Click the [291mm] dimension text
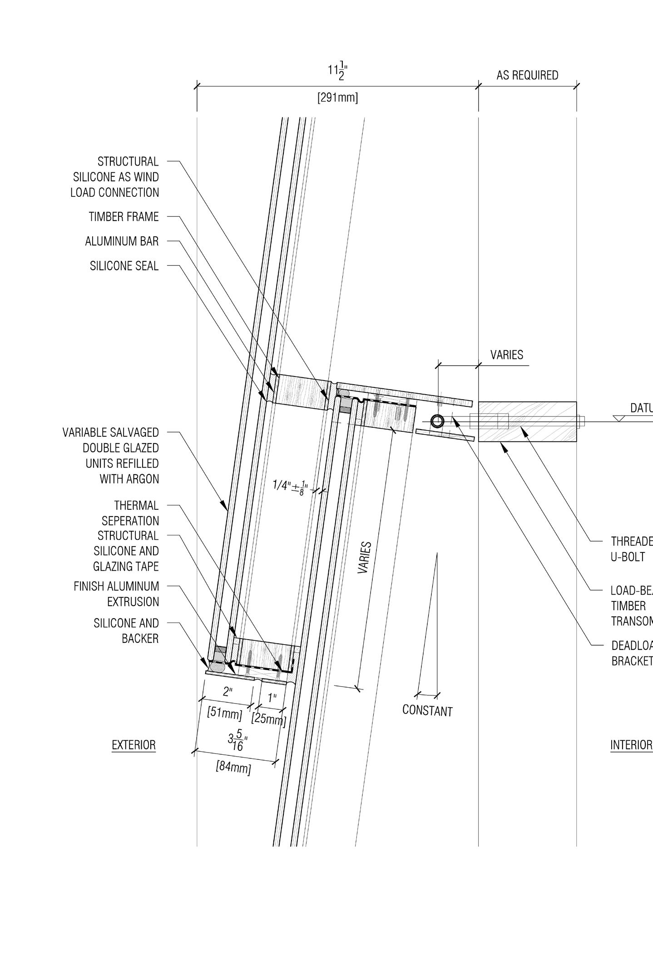click(337, 98)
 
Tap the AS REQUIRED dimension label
click(527, 75)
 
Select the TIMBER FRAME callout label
click(124, 217)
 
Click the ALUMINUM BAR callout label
click(122, 241)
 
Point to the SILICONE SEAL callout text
click(124, 266)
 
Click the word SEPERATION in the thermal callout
click(130, 521)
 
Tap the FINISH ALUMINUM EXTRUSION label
click(117, 594)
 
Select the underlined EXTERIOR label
click(134, 745)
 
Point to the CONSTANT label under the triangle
click(427, 711)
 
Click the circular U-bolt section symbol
click(437, 421)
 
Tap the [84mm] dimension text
click(233, 768)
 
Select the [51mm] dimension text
click(224, 713)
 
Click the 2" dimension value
click(228, 692)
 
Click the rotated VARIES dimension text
click(365, 557)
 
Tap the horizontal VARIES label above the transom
click(507, 355)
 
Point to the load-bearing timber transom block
click(527, 421)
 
